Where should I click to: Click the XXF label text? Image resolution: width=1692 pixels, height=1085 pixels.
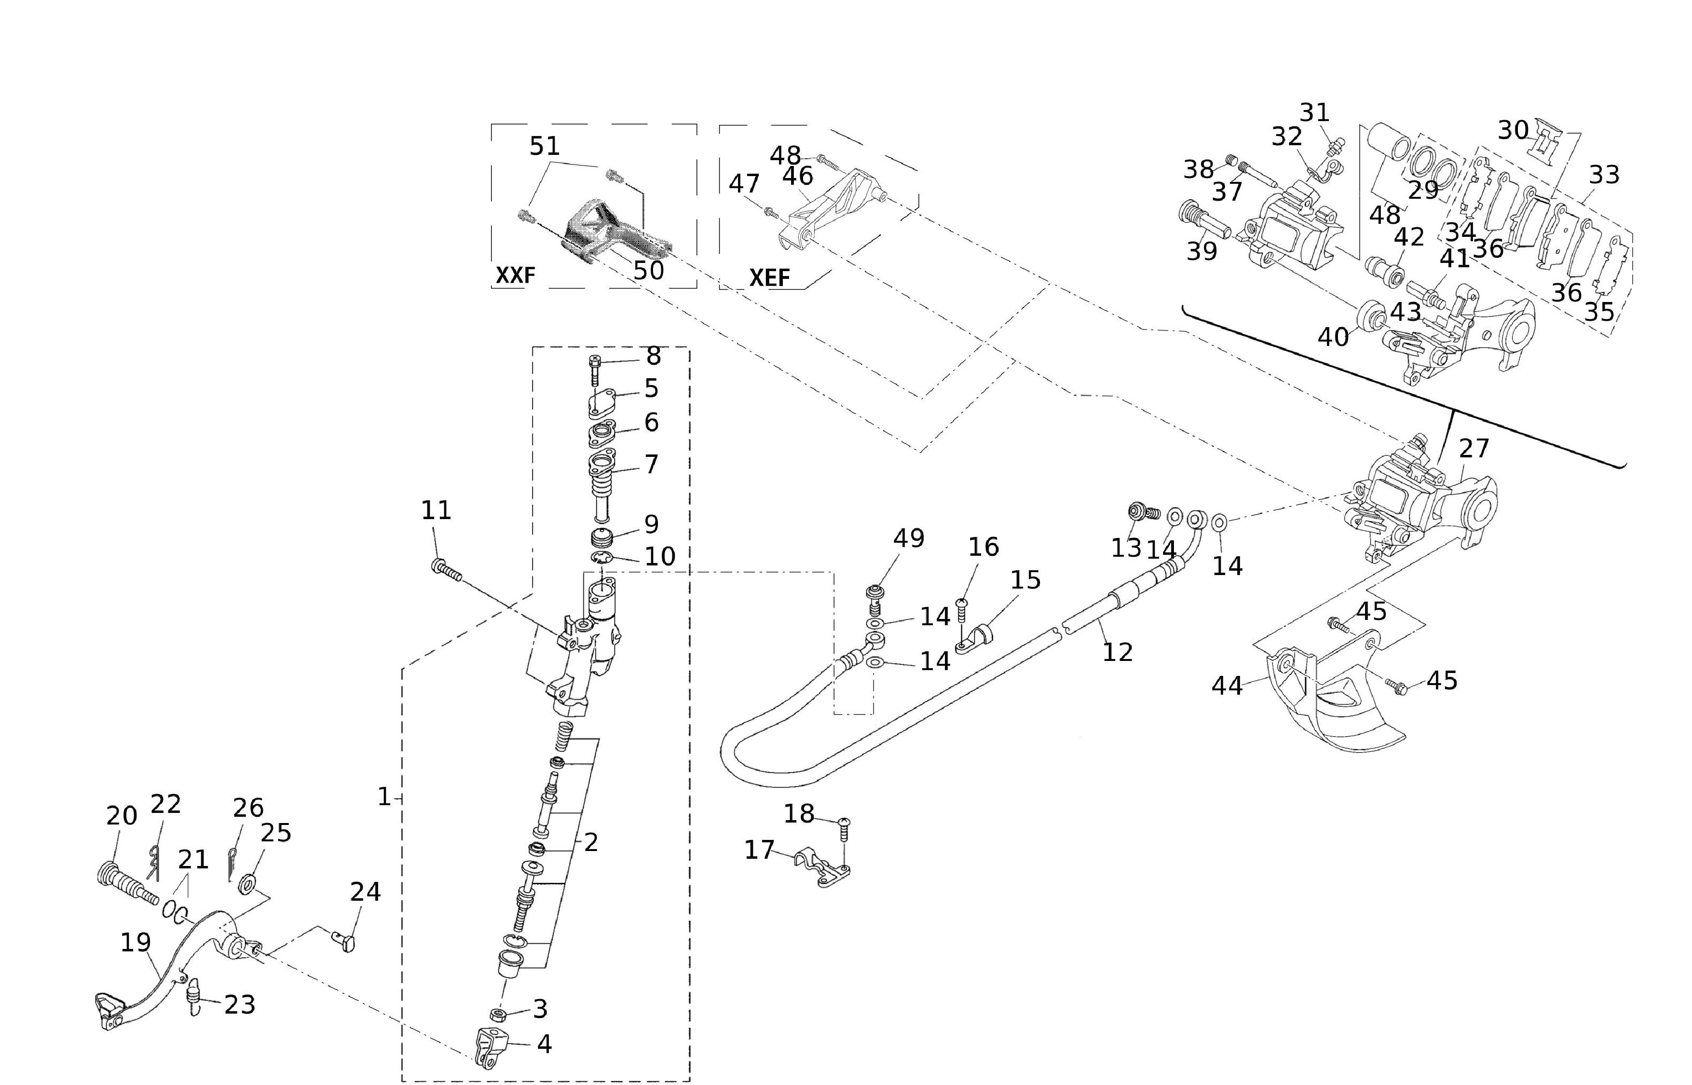pos(515,275)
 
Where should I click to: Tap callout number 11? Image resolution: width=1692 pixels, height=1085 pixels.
pos(436,510)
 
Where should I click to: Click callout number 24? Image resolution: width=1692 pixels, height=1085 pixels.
pos(366,892)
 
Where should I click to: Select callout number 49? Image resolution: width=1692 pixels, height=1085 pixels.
pos(908,538)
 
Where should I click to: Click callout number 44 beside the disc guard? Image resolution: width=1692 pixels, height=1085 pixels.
pos(1227,686)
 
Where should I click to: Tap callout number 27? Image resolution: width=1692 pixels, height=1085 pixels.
pos(1474,448)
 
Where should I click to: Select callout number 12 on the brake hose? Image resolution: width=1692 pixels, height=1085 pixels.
pos(1117,652)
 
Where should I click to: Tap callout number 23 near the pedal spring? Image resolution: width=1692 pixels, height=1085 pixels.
pos(240,1005)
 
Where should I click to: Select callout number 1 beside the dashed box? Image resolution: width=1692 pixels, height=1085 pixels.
pos(384,797)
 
